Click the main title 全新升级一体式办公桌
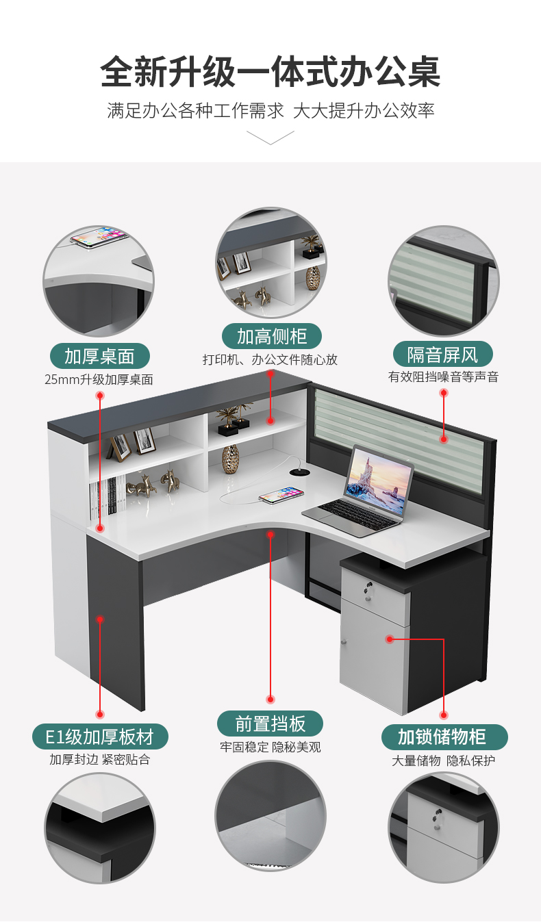tap(270, 72)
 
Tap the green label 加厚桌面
tap(99, 356)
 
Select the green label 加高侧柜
tap(272, 336)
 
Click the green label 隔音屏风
tap(443, 355)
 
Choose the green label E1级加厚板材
tap(100, 737)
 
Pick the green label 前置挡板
tap(270, 724)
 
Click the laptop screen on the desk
tap(379, 481)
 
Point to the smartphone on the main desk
tap(281, 495)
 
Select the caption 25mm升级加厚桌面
tap(99, 379)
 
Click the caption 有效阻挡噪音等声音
tap(443, 377)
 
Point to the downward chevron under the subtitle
tap(270, 138)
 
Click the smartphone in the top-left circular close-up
tap(99, 238)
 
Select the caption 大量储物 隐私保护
tap(443, 760)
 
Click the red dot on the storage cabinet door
tap(390, 639)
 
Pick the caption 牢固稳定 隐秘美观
tap(270, 747)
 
